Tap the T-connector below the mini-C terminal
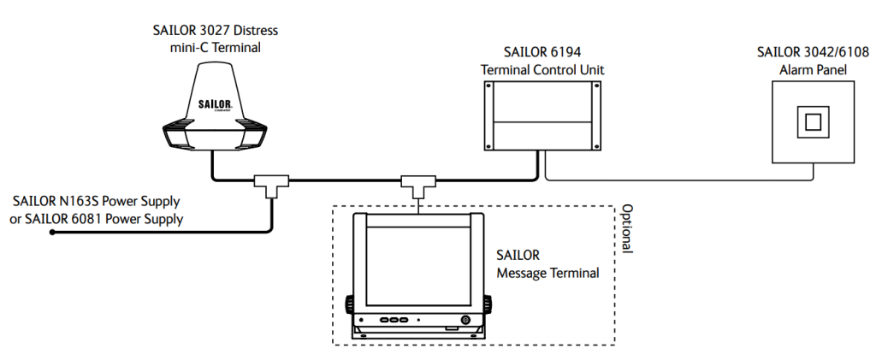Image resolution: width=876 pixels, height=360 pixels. (x=271, y=184)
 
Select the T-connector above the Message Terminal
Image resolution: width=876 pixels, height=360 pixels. (x=418, y=184)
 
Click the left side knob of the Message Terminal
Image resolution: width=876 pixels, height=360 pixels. (x=350, y=303)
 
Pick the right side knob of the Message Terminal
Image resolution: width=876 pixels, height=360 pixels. (x=489, y=303)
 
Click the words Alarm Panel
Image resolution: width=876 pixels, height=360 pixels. (x=813, y=69)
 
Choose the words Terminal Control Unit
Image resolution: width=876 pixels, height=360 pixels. (x=542, y=69)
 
